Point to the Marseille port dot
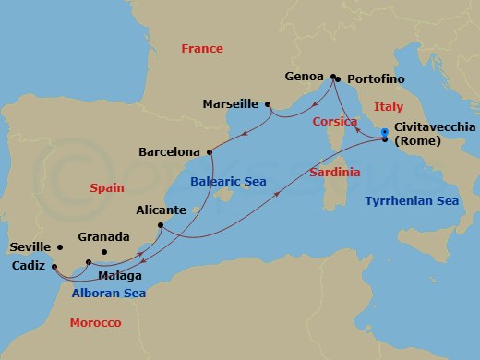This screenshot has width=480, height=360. point(268,105)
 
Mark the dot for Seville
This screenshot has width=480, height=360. point(60,247)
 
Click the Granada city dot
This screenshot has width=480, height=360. point(103,252)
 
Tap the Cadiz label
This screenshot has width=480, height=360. point(29,264)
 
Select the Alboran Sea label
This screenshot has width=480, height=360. point(108,293)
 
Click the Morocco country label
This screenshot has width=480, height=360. point(95,322)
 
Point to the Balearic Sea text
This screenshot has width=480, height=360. point(228,183)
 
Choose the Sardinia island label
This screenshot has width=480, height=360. point(334,172)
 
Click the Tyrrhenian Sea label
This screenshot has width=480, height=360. point(411,200)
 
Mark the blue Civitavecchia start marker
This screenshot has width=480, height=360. point(385,133)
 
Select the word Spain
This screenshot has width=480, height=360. point(107,187)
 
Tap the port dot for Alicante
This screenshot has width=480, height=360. point(160,225)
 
